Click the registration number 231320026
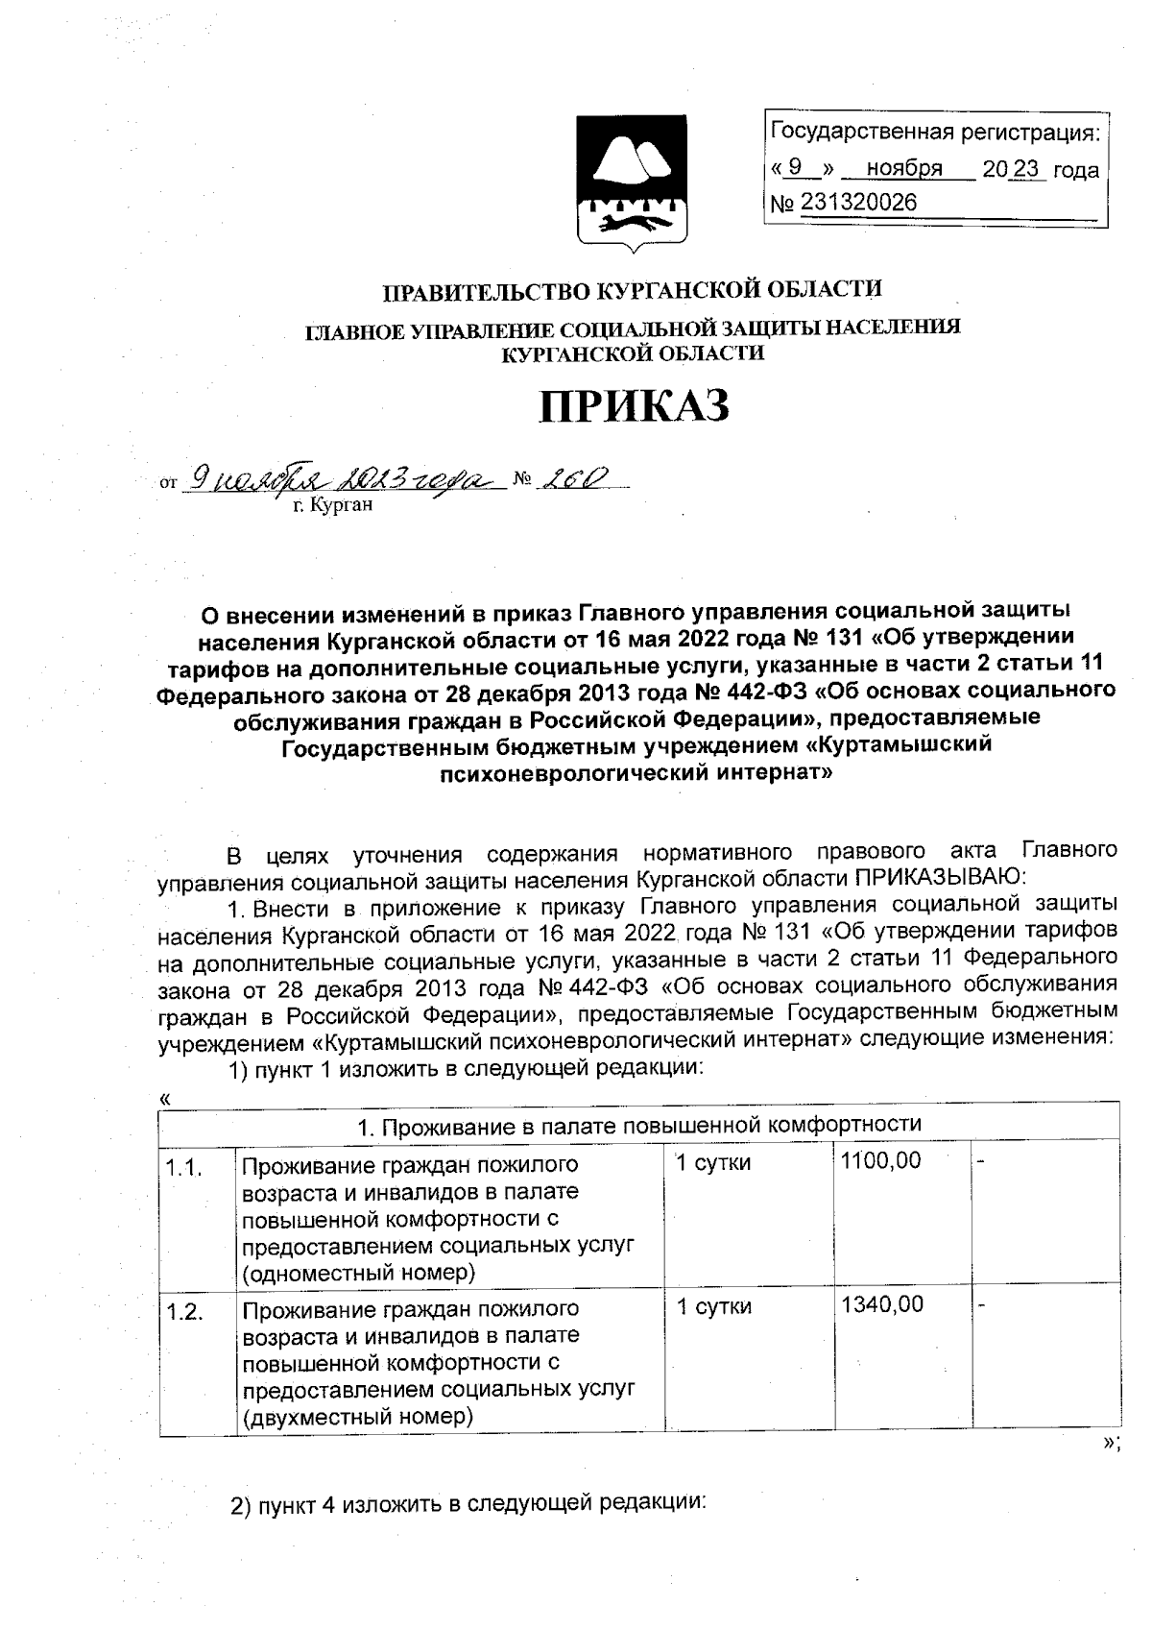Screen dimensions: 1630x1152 [x=856, y=204]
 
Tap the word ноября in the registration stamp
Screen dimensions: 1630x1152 [x=903, y=170]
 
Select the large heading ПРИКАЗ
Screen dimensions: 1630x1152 [x=634, y=406]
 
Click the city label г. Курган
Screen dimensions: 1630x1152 [x=331, y=504]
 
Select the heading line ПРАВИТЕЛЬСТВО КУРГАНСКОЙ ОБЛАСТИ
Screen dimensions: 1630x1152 [x=633, y=289]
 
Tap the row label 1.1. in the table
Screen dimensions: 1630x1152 [x=183, y=1168]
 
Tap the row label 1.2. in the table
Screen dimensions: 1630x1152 [x=183, y=1313]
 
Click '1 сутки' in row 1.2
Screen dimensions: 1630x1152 [x=713, y=1306]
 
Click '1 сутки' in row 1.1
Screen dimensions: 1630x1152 [x=713, y=1163]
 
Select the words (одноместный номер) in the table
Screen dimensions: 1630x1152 [x=358, y=1274]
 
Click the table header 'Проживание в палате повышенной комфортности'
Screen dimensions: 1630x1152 [x=638, y=1125]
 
